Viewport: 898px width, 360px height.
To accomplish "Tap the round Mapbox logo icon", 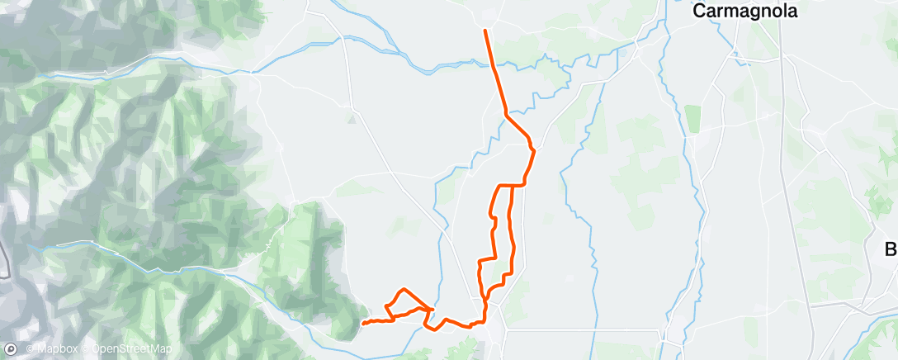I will (12, 349).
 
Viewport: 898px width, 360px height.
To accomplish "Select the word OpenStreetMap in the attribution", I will (131, 349).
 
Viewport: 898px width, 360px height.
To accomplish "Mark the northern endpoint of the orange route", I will (485, 31).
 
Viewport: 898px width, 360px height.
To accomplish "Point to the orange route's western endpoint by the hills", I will (362, 322).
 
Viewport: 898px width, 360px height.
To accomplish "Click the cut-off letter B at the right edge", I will (891, 249).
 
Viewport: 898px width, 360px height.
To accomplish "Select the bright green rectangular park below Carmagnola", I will (692, 118).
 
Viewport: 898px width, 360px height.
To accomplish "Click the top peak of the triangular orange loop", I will (403, 290).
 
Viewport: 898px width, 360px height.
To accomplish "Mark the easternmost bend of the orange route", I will (535, 150).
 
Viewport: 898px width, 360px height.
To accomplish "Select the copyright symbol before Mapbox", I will (31, 349).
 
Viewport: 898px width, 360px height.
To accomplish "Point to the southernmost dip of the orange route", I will (432, 328).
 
